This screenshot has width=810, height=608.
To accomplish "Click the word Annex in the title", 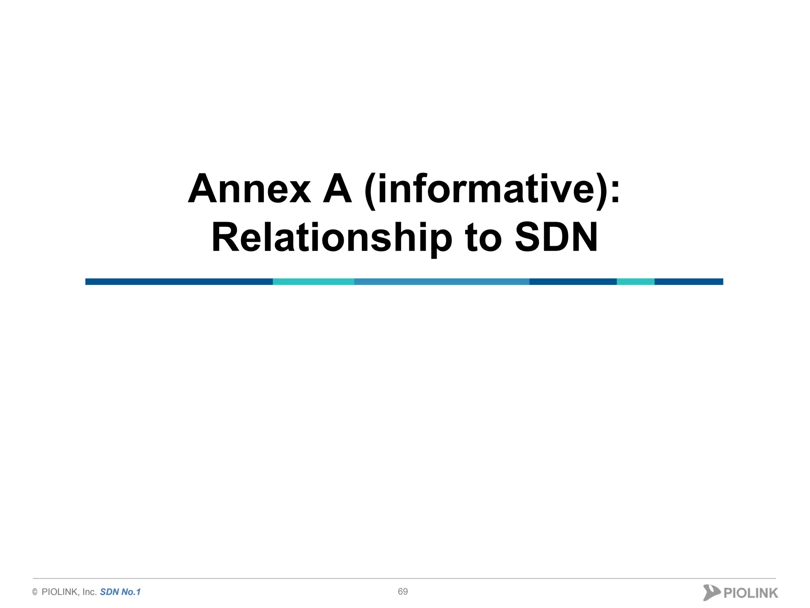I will click(x=249, y=189).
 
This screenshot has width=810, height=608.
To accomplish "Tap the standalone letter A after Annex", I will click(x=337, y=189).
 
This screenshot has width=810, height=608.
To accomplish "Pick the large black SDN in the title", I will click(x=556, y=237).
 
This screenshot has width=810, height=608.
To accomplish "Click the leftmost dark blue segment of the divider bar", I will click(x=179, y=282).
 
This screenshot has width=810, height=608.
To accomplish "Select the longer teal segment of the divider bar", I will click(x=313, y=282).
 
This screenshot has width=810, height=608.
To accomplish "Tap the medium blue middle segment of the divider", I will click(x=441, y=282).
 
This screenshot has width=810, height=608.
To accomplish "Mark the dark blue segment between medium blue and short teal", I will click(x=573, y=282).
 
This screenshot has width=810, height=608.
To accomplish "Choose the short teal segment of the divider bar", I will click(x=635, y=282).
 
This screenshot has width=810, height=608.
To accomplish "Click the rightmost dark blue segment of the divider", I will click(x=689, y=282).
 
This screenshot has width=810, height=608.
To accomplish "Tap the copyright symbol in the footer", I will click(x=35, y=592).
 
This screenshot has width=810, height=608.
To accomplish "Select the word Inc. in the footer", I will click(x=89, y=592).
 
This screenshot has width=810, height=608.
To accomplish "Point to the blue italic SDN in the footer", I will click(x=110, y=592).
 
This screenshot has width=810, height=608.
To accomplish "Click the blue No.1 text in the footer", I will click(x=131, y=592).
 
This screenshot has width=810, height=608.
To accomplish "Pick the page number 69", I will click(x=403, y=591).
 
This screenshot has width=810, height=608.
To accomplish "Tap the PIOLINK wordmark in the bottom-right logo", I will click(x=751, y=593).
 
